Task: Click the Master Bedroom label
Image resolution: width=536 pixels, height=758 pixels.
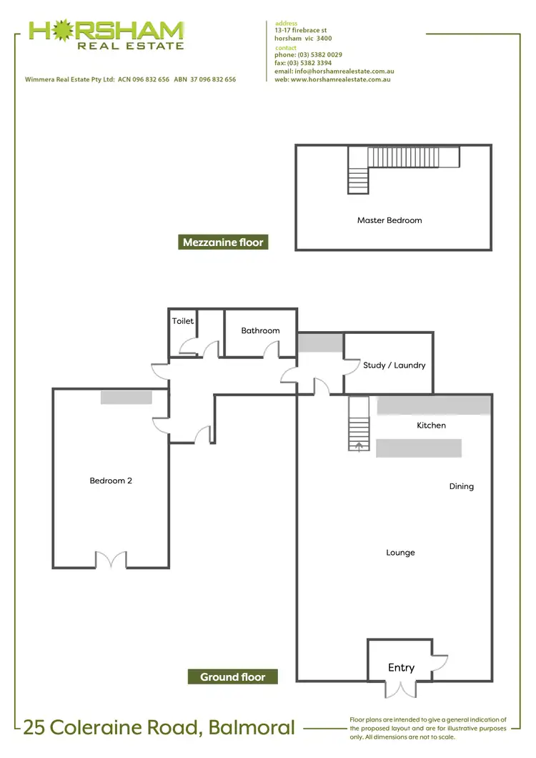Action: [x=389, y=220]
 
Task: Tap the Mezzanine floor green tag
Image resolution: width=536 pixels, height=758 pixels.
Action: [x=223, y=242]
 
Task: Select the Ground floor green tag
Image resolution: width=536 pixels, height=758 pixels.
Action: [x=232, y=676]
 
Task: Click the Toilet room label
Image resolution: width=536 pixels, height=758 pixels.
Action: [x=183, y=321]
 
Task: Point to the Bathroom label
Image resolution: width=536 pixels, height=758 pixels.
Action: [x=260, y=330]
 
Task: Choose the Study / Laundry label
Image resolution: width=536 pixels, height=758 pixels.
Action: [x=394, y=365]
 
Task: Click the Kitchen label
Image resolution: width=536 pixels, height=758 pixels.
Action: [x=431, y=425]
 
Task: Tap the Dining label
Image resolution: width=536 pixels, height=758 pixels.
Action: [x=461, y=486]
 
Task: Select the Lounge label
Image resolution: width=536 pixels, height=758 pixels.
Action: [x=400, y=553]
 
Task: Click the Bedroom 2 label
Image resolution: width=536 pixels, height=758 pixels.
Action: [x=111, y=481]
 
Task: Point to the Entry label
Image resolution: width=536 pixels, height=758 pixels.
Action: [x=401, y=667]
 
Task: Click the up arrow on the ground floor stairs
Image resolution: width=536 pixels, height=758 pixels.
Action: [x=359, y=446]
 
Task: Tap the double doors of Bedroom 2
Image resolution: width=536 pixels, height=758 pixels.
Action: [x=111, y=559]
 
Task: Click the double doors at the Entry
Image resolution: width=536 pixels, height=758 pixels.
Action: [x=400, y=689]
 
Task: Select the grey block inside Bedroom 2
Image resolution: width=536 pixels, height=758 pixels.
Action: [x=126, y=398]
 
